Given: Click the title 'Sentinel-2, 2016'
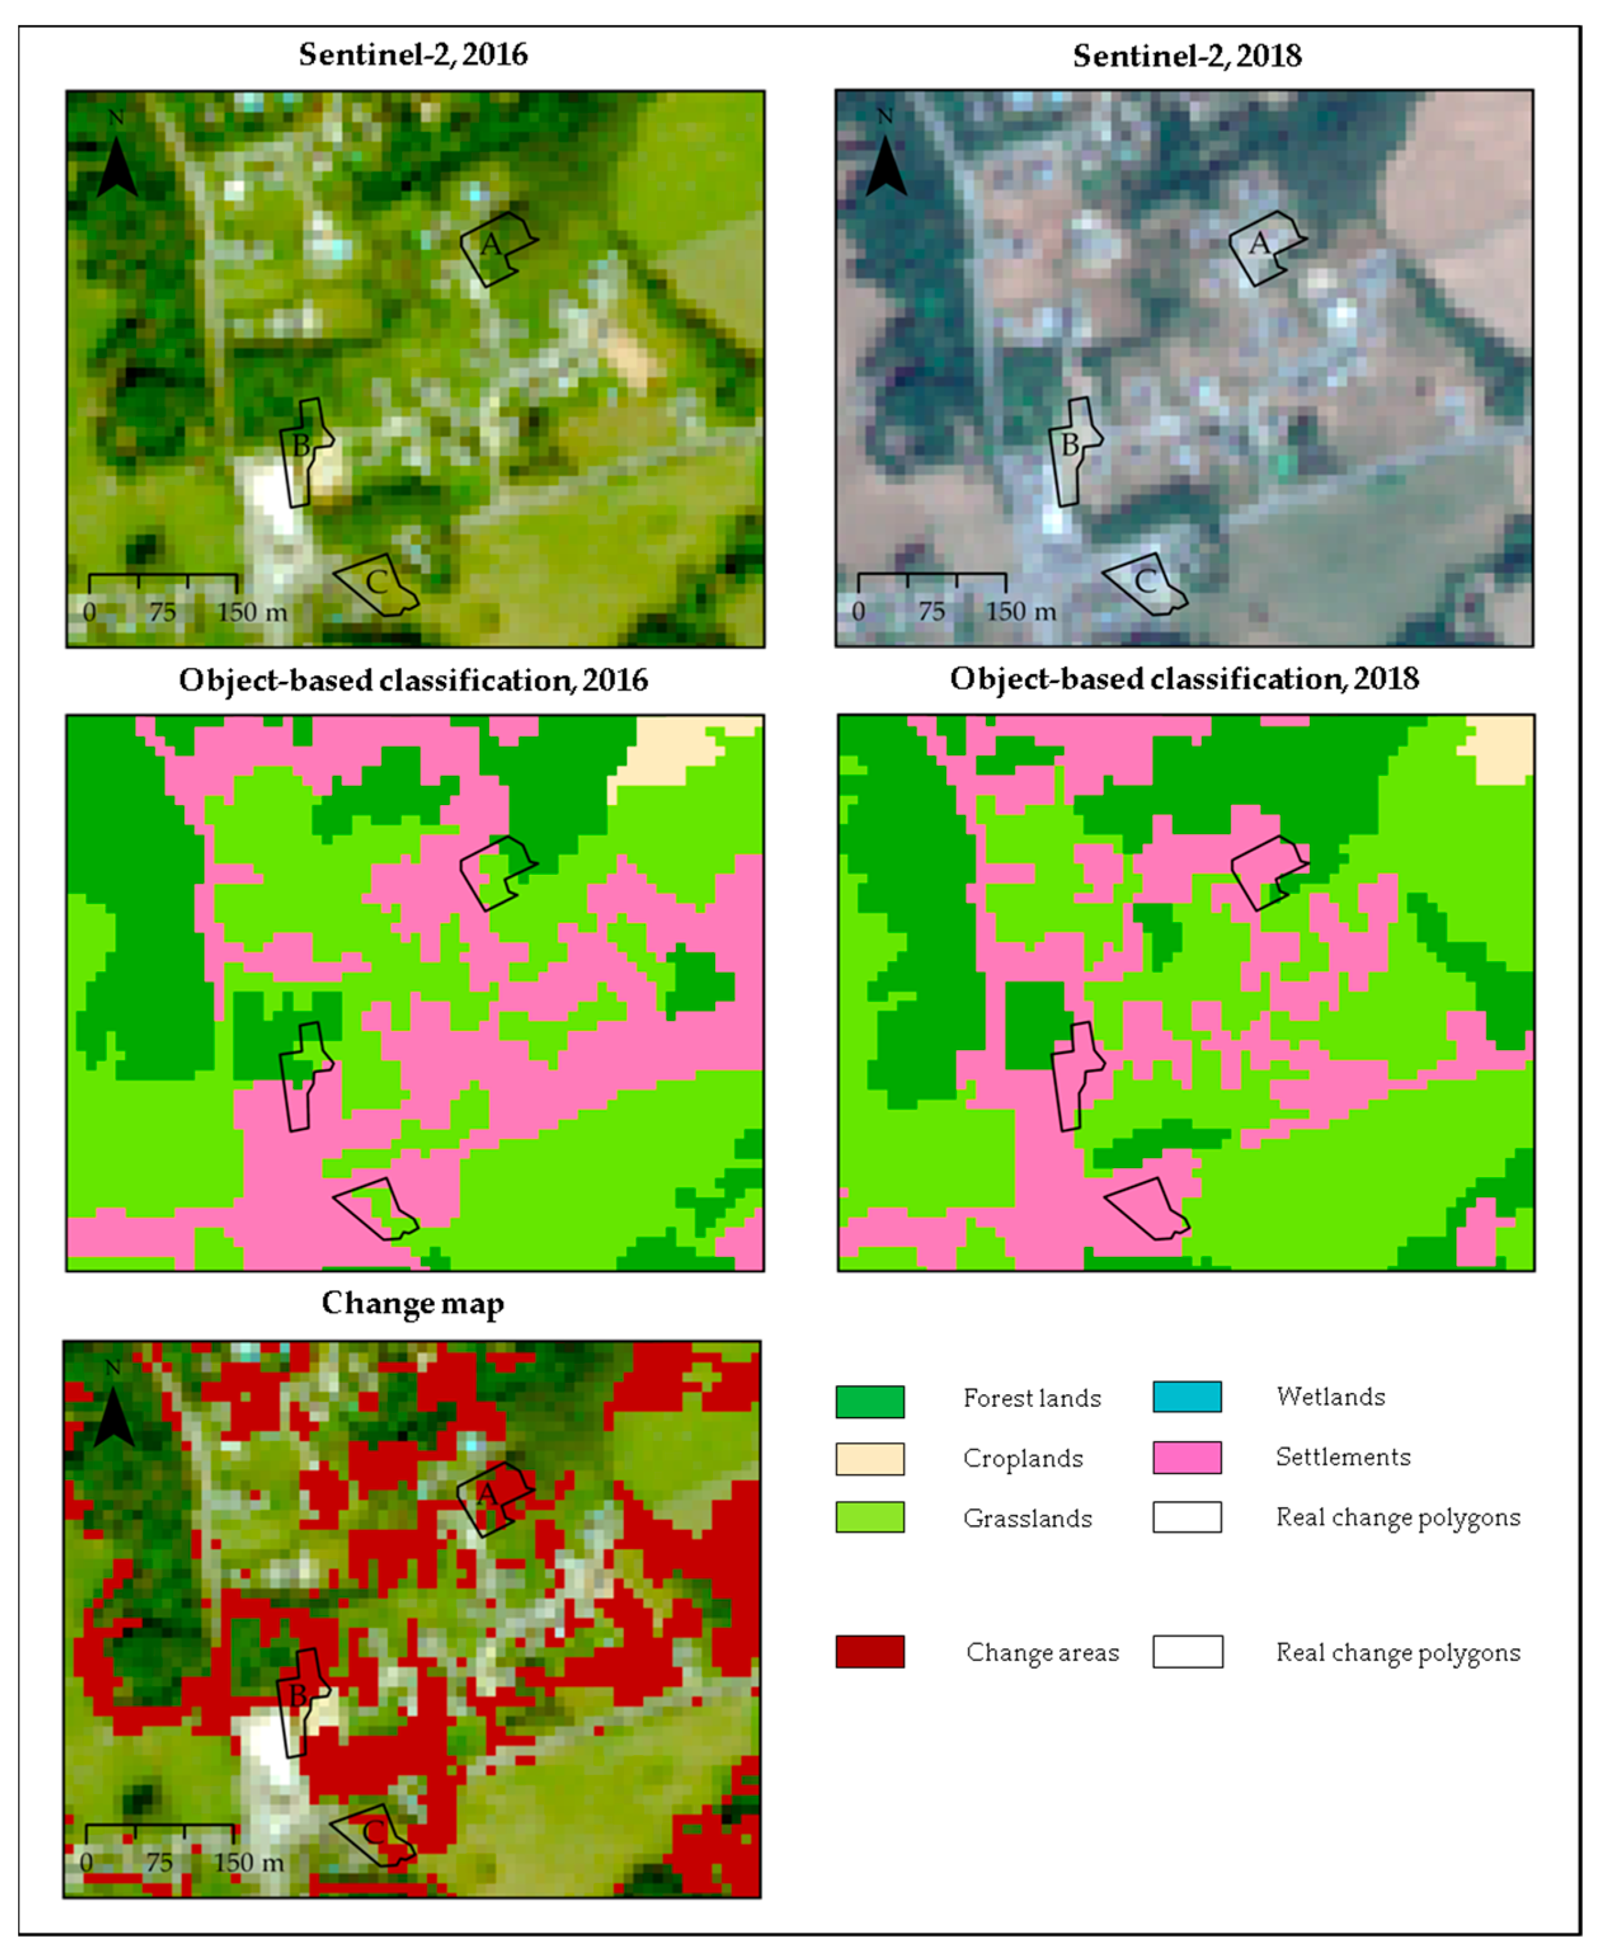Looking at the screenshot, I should (413, 55).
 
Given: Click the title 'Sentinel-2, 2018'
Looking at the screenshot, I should (1187, 55).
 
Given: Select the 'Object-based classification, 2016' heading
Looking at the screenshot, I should (413, 680).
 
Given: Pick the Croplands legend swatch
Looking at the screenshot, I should (869, 1459).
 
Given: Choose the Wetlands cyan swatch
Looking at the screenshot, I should (1187, 1397).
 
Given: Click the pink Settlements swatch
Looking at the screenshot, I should (1187, 1457).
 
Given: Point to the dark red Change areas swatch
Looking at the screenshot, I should (869, 1651).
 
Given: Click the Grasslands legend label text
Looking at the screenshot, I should (1027, 1519).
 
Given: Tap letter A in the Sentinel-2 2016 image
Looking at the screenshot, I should (491, 244).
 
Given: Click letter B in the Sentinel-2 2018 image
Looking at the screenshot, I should (1069, 446).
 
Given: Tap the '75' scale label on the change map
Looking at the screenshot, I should (159, 1863).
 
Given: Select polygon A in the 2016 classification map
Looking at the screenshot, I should (495, 871).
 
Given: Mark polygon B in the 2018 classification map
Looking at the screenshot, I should (1074, 1075).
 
